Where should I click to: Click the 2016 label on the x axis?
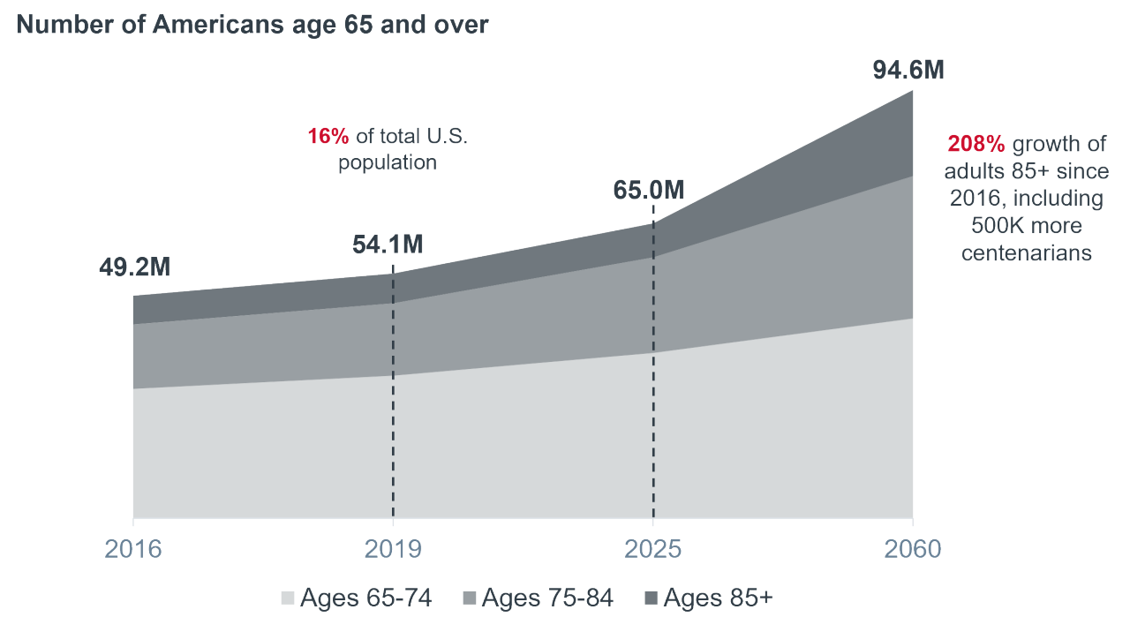(x=133, y=549)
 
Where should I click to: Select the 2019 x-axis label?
(x=393, y=549)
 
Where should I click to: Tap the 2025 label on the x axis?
(x=652, y=549)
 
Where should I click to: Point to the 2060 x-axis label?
(x=913, y=549)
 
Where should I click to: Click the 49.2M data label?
(x=134, y=268)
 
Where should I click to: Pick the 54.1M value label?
(x=388, y=245)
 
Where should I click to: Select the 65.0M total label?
(x=649, y=189)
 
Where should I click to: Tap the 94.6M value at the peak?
(x=908, y=70)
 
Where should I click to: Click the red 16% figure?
(x=328, y=137)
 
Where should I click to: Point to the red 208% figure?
(x=976, y=144)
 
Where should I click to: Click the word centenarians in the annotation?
(x=1027, y=252)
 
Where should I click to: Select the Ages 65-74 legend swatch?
(x=288, y=598)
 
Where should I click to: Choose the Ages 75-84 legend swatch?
(x=470, y=598)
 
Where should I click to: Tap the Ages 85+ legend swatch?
(x=651, y=598)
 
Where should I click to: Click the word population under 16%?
(x=388, y=162)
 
